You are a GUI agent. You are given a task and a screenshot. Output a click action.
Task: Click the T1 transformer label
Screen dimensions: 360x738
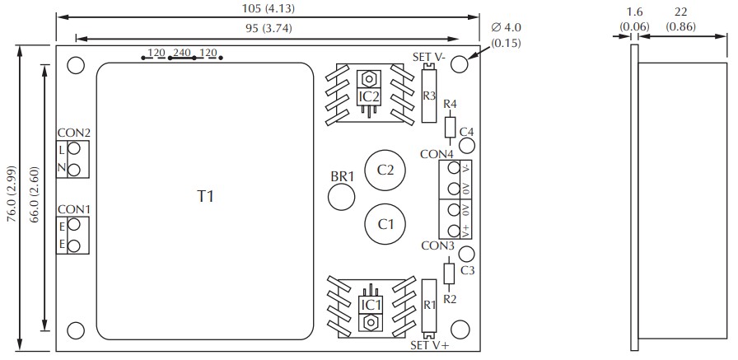coord(205,196)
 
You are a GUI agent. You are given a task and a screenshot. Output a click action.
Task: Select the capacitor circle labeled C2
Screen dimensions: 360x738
coord(385,170)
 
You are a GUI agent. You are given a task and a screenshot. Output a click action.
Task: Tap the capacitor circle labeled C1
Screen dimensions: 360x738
coord(385,223)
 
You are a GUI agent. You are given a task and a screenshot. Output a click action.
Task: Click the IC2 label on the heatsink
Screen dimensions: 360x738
coord(369,96)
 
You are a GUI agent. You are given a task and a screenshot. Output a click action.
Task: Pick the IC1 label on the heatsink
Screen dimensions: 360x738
coord(370,305)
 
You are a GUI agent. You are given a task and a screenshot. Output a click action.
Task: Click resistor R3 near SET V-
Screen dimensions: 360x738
coord(428,96)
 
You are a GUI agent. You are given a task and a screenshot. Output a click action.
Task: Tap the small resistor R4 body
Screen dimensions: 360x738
coord(450,127)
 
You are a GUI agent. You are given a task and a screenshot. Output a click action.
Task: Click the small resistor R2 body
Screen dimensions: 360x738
coord(449,274)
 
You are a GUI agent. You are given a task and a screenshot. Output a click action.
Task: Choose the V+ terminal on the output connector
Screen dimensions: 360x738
coord(453,230)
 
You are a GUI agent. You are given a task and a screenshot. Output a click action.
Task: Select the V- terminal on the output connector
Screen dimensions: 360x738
coord(453,168)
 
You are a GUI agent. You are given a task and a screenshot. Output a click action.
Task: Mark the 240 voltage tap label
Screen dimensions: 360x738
coord(181,54)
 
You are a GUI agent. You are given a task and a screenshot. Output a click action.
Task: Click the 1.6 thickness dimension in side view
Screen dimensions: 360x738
coord(634,12)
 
